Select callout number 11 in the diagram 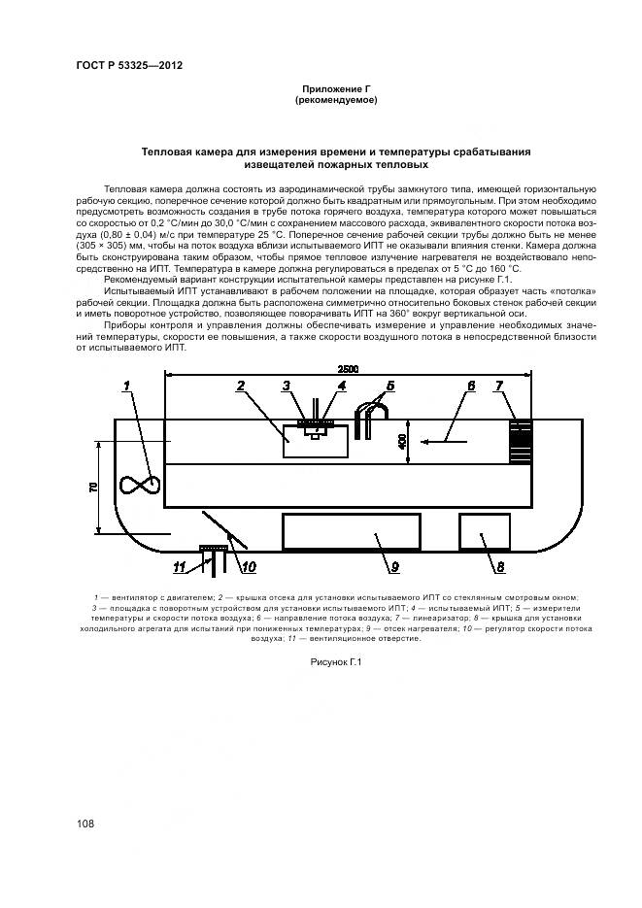click(x=180, y=565)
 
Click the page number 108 click(x=84, y=824)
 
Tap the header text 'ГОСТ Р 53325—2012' click(x=129, y=65)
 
